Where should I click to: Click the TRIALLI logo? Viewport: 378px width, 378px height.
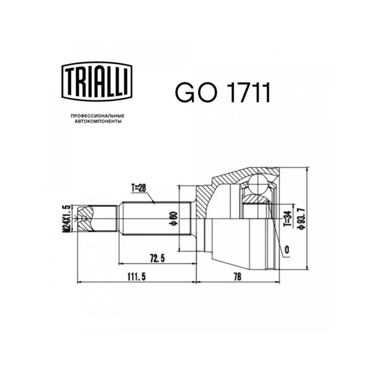97,81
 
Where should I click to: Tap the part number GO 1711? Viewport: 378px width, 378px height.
223,92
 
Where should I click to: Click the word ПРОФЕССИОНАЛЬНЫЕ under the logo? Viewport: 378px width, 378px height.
97,116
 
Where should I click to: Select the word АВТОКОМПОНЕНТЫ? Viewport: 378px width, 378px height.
98,121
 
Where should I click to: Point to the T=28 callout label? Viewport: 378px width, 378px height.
138,188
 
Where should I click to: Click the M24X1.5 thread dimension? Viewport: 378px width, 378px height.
67,218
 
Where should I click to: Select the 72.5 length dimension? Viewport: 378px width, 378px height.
157,258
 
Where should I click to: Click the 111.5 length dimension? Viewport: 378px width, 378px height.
137,277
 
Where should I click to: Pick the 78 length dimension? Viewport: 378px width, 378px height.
237,277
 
